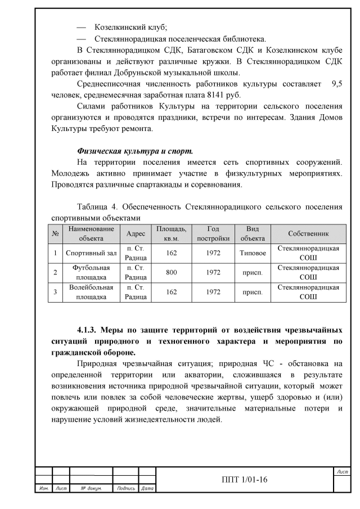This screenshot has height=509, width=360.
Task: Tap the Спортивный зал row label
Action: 91,253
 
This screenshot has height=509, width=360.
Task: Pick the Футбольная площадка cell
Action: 91,272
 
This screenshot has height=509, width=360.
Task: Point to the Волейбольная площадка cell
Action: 91,292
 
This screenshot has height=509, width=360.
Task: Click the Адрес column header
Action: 136,233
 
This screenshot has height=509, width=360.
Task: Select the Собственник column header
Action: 308,233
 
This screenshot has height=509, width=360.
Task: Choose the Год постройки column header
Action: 213,233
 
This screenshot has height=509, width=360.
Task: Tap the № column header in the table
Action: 56,233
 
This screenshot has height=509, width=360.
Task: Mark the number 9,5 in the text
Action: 336,84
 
